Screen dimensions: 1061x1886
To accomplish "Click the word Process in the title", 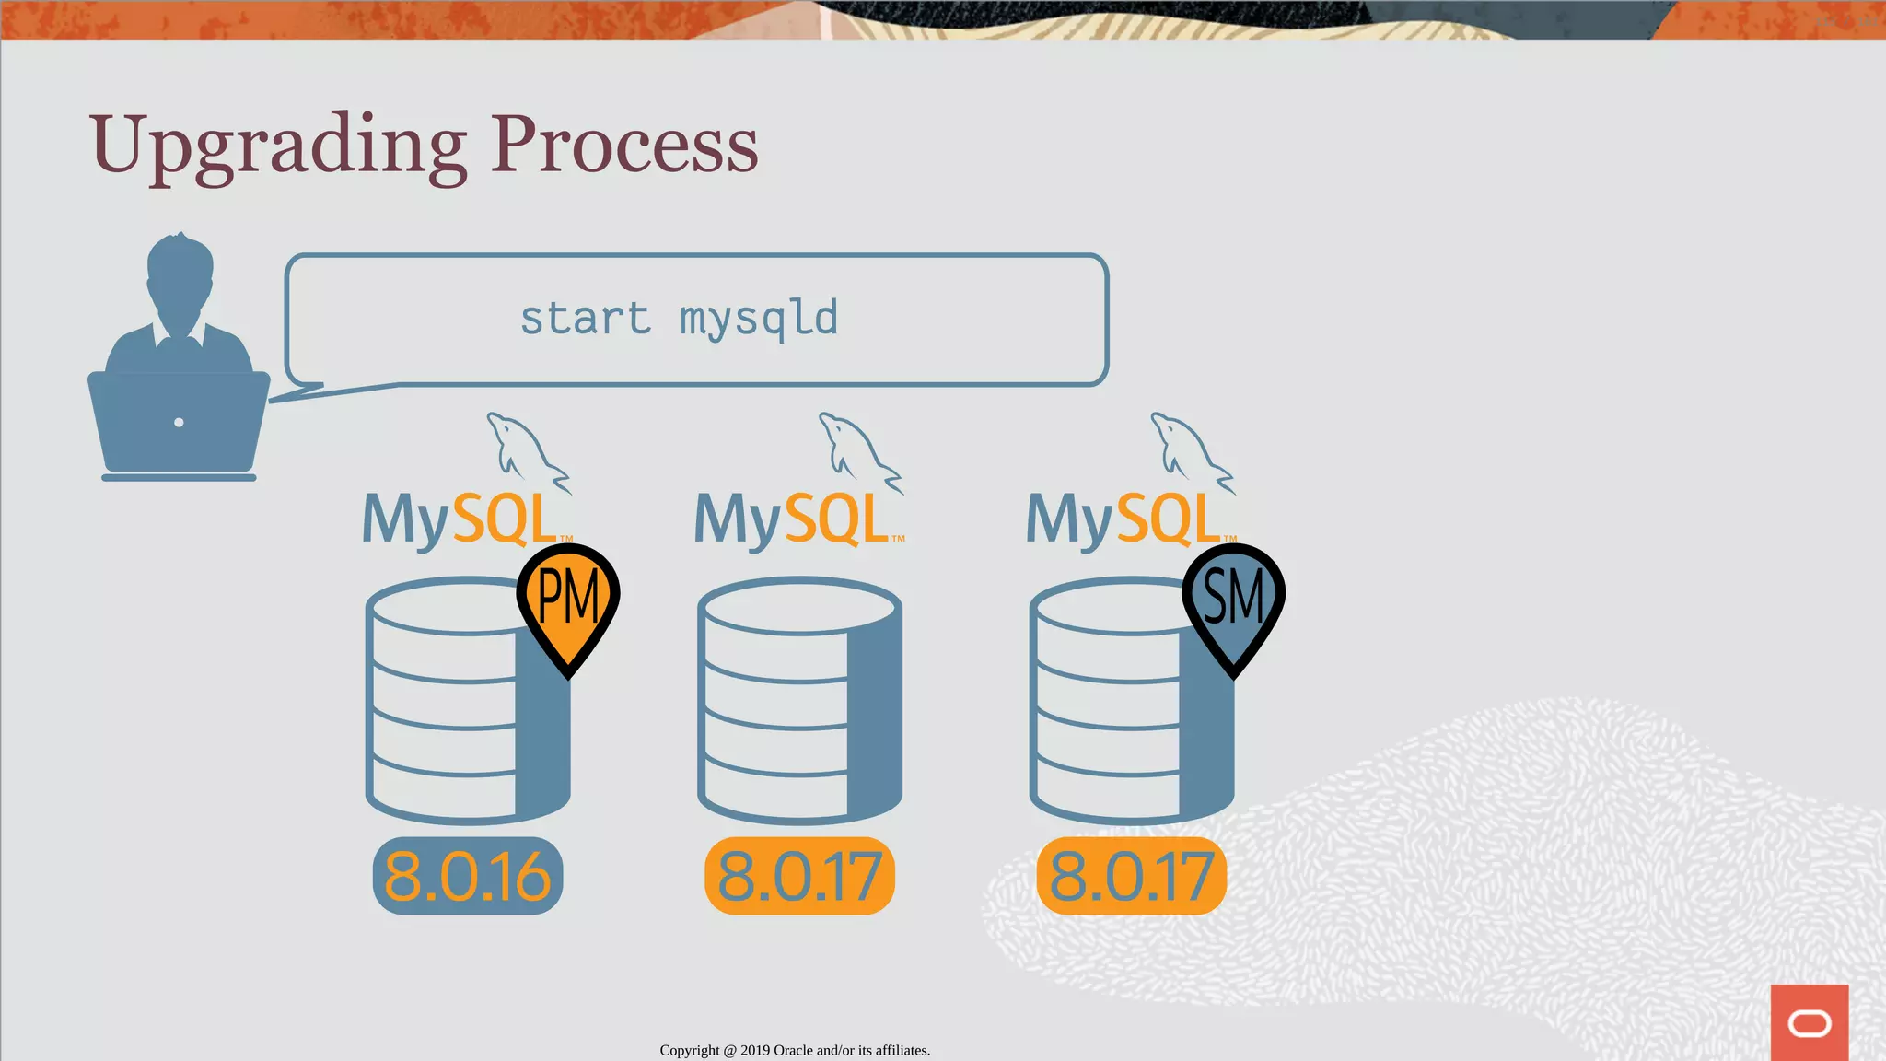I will [624, 146].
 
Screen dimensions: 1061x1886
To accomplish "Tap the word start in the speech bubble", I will [586, 319].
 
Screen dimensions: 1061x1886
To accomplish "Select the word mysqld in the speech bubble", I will [759, 319].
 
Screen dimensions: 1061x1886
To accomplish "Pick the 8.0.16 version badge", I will [468, 876].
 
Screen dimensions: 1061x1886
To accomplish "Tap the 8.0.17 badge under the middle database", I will [799, 876].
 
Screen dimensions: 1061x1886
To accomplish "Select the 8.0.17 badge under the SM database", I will [1132, 876].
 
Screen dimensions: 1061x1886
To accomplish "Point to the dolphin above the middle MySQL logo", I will [858, 451].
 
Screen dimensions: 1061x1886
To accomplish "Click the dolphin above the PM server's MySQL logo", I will [526, 451].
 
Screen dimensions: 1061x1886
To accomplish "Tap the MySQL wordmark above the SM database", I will [1123, 519].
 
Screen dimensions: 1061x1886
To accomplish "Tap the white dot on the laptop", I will [179, 423].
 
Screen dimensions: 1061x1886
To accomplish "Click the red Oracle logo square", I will [1809, 1022].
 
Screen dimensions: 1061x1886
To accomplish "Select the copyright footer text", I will [795, 1050].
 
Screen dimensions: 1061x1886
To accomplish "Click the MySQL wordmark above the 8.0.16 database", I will [460, 519].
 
